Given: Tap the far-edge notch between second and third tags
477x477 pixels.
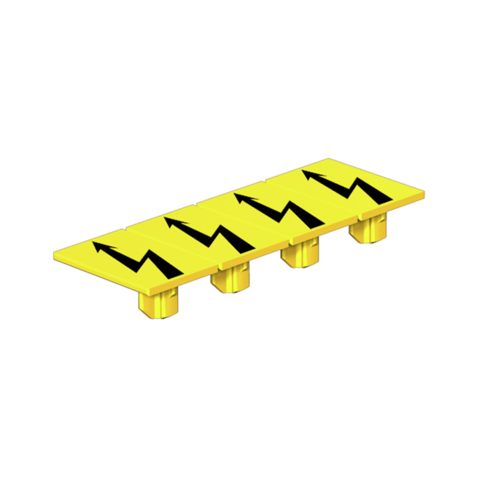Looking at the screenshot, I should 195,204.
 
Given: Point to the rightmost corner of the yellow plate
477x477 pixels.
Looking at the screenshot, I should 425,194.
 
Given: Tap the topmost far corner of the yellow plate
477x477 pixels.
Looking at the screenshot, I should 330,159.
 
